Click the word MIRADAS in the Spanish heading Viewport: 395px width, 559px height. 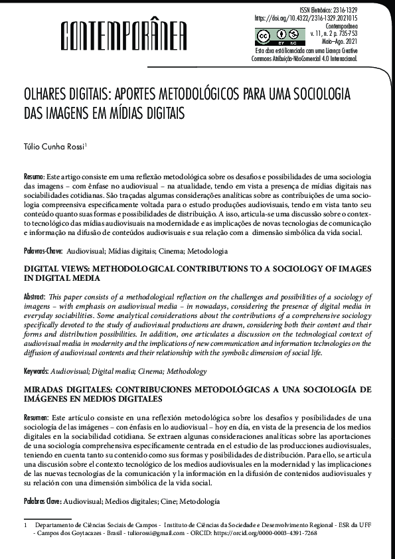coord(45,389)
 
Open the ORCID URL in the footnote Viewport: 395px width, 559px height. coord(269,533)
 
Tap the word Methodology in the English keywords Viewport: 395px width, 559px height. coord(185,372)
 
